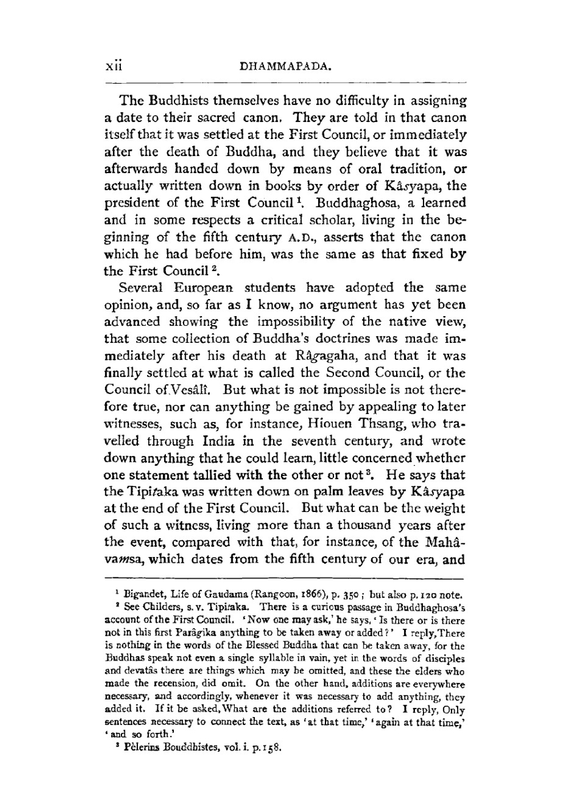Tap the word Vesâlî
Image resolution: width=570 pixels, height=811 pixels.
coord(197,390)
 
